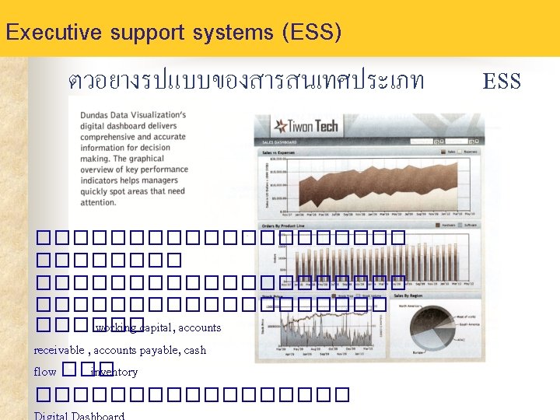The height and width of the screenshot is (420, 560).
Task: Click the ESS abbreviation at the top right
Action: [x=502, y=81]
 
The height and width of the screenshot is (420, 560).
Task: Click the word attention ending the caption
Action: [x=98, y=202]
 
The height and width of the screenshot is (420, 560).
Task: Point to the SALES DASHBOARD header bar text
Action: [x=280, y=143]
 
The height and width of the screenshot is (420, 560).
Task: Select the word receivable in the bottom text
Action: [x=59, y=350]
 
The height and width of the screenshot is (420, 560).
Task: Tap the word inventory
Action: [x=114, y=372]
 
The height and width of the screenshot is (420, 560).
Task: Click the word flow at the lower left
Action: [x=45, y=372]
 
